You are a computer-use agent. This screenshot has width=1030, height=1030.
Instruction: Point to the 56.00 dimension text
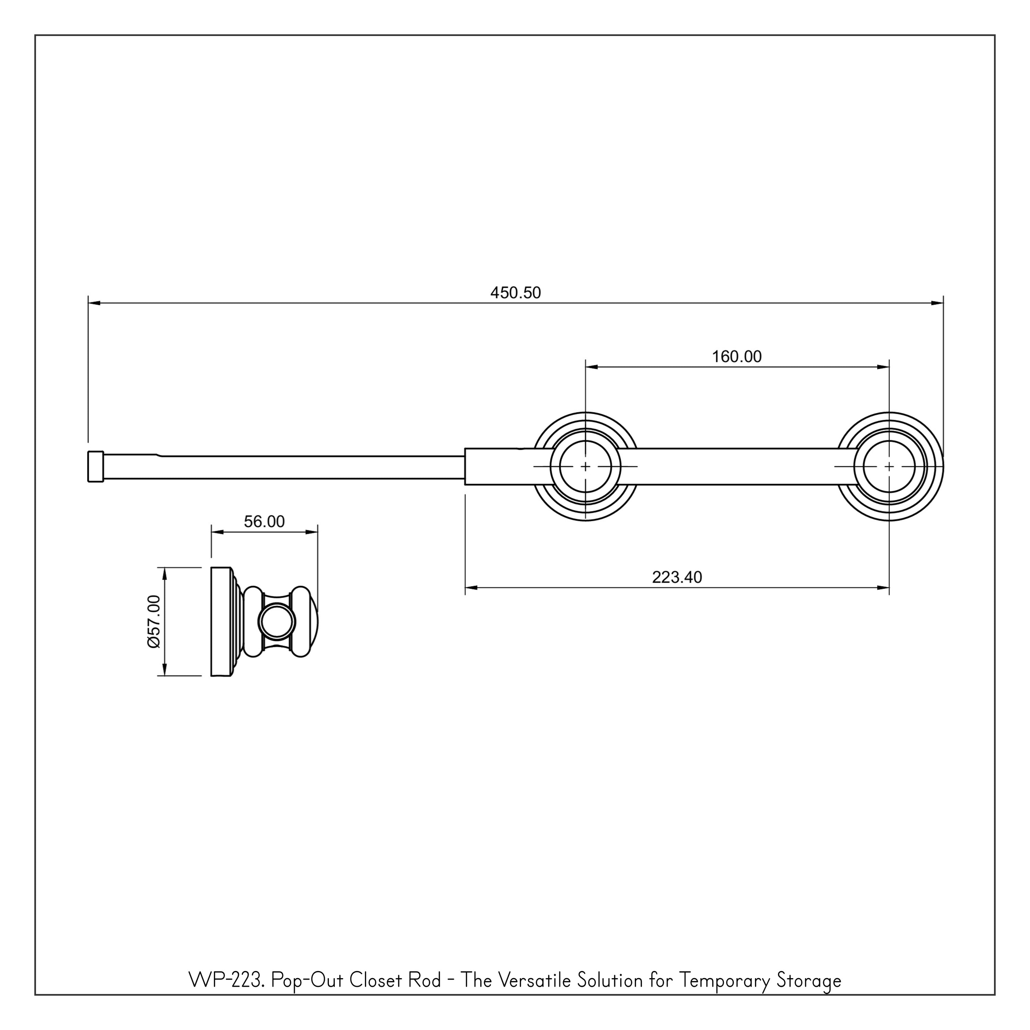tap(264, 522)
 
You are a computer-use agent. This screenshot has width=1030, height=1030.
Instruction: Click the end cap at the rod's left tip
tap(95, 467)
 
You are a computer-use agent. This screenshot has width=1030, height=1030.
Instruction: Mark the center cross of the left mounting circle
tap(585, 467)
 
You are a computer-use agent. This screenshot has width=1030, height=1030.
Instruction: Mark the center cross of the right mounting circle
tap(889, 467)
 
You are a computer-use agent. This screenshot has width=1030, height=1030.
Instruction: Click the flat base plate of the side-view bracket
tap(221, 622)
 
